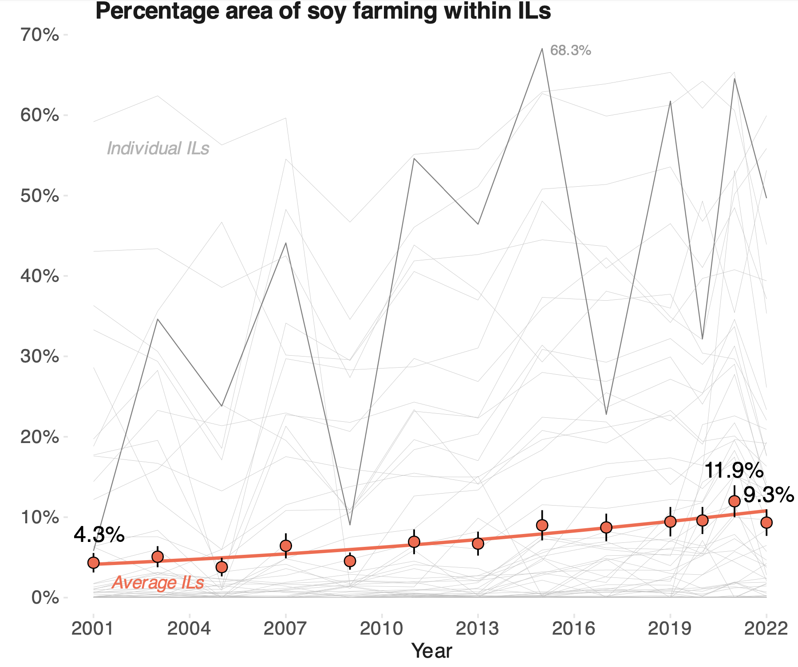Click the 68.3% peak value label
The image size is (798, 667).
click(570, 51)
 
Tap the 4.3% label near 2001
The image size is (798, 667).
click(99, 534)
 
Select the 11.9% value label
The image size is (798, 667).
click(733, 471)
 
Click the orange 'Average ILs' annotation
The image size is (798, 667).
click(158, 583)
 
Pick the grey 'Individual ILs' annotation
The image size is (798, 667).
click(158, 148)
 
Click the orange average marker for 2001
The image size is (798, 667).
click(93, 563)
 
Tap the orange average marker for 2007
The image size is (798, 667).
click(286, 545)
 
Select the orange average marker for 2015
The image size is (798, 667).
click(542, 525)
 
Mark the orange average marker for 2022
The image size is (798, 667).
click(766, 523)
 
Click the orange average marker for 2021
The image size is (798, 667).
click(735, 501)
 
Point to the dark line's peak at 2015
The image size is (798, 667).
click(542, 49)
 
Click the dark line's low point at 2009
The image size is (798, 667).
click(350, 525)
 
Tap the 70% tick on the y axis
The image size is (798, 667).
click(40, 35)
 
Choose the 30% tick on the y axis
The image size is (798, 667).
click(40, 356)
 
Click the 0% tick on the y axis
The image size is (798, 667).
click(45, 597)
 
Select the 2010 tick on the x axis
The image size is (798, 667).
click(382, 629)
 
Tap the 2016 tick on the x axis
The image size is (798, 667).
click(574, 629)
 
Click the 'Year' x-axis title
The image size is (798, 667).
click(431, 651)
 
